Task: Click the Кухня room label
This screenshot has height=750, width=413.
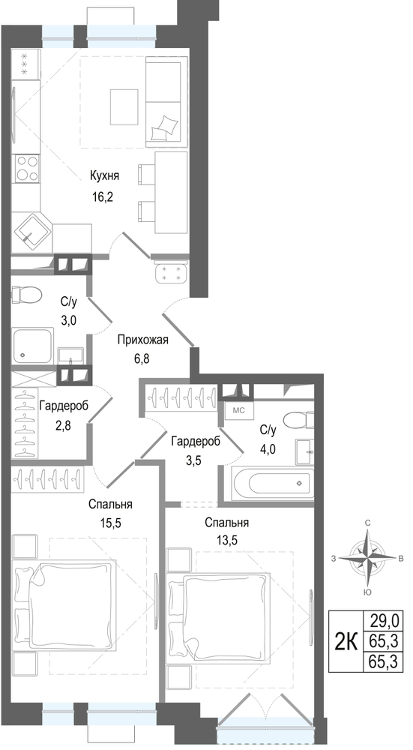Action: [x=104, y=176]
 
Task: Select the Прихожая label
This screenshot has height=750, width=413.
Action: [x=143, y=340]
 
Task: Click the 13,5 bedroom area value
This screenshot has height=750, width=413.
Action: [x=226, y=541]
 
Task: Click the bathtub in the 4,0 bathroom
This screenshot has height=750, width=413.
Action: [x=273, y=483]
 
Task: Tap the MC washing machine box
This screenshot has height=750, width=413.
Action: [x=238, y=410]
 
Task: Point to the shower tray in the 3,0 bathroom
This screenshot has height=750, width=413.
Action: [x=32, y=346]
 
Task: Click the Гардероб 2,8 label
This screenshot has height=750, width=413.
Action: [x=64, y=415]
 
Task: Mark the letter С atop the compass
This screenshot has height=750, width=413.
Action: [x=367, y=522]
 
